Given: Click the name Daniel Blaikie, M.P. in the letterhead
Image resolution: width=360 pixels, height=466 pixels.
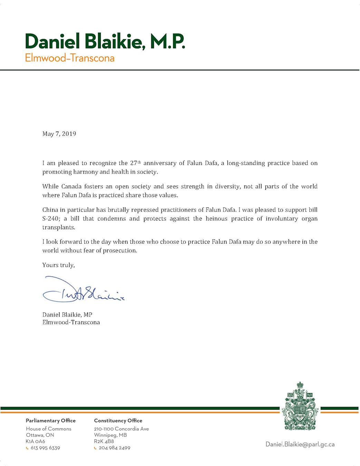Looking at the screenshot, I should [105, 41].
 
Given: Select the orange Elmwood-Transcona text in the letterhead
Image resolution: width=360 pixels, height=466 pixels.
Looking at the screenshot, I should [69, 58].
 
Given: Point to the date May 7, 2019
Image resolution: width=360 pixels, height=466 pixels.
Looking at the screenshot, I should [59, 134].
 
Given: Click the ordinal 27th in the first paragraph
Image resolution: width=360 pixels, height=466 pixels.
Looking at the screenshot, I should [135, 163].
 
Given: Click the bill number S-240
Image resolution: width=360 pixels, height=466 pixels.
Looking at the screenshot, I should [50, 219].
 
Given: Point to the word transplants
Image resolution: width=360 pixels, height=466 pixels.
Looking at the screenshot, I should [58, 227].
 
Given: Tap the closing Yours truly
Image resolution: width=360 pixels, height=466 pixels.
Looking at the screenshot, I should [58, 265].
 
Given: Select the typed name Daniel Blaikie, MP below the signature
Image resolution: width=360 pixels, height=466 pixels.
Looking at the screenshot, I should [67, 314].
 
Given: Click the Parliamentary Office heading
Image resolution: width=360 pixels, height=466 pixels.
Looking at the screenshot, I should [50, 420].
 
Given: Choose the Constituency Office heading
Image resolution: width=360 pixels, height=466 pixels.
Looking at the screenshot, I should [118, 420].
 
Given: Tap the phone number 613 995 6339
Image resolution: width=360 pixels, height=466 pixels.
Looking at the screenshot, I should [45, 448].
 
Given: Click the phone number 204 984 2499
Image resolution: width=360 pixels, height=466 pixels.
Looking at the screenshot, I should [114, 448].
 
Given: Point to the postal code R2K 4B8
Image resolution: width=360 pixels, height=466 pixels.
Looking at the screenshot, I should [104, 441].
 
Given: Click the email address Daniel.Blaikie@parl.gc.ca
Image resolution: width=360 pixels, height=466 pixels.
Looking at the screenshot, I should [300, 444].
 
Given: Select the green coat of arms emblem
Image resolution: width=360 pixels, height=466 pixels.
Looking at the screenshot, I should [300, 406].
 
